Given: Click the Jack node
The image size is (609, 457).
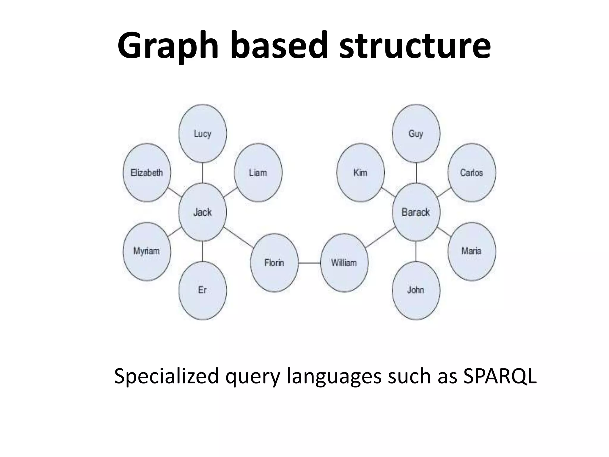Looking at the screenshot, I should click(x=203, y=212).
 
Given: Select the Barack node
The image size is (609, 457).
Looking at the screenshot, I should click(x=416, y=212).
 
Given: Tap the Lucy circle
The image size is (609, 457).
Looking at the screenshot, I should click(x=203, y=134).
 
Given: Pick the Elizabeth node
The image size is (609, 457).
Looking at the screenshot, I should click(x=147, y=173).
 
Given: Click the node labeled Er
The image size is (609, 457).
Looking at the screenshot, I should click(x=203, y=290).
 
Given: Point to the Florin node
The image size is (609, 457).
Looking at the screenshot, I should click(x=274, y=263).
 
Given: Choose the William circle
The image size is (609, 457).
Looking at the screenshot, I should click(x=344, y=263).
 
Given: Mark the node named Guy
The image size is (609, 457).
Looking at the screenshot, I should click(x=416, y=134).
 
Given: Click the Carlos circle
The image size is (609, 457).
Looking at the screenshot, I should click(x=472, y=173).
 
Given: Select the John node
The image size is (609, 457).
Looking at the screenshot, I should click(x=416, y=290).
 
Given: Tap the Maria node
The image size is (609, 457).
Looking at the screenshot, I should click(x=472, y=251).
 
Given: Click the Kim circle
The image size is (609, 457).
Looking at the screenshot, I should click(x=360, y=173).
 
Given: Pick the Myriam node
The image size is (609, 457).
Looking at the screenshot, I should click(x=147, y=251).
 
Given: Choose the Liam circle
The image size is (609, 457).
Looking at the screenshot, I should click(x=258, y=173).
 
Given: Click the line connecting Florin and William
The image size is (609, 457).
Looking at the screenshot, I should click(x=309, y=263).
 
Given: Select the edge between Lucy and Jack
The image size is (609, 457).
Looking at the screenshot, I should click(x=203, y=173).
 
